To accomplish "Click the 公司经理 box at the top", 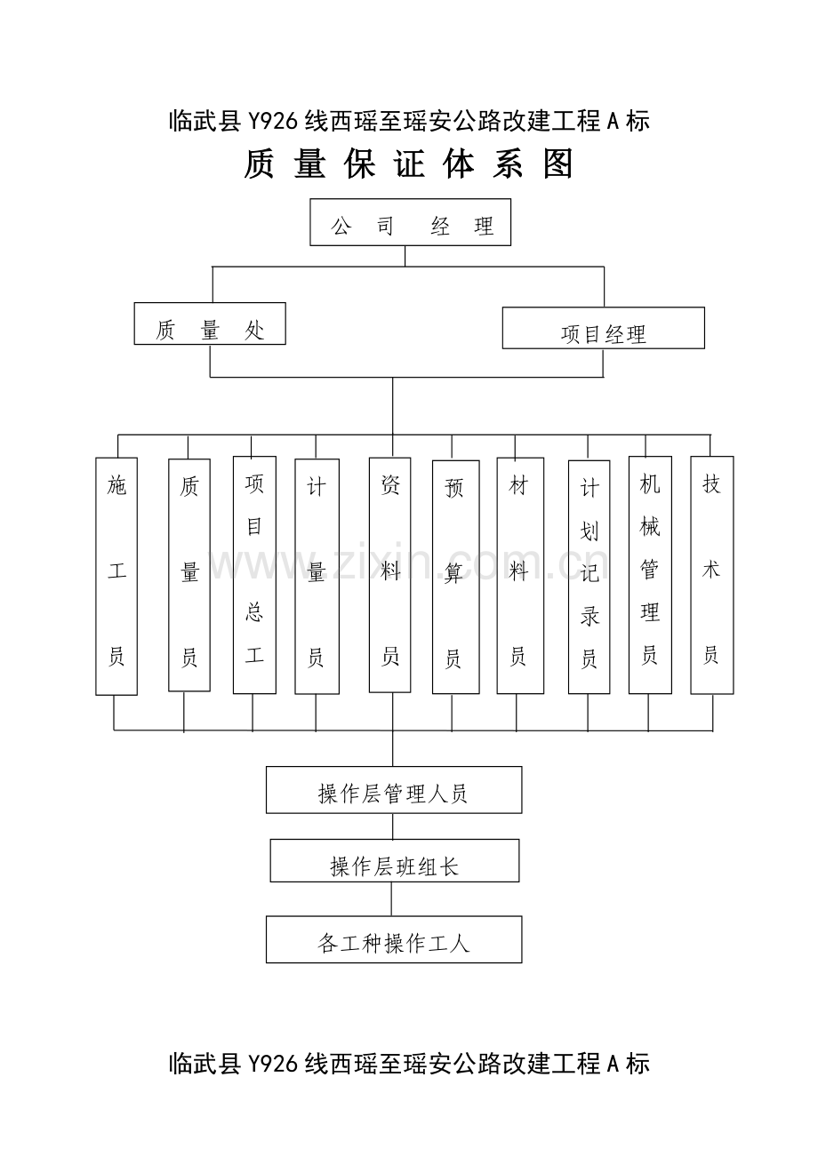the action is coord(410,222).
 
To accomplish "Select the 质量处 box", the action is coord(210,323).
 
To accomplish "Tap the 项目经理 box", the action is coord(604,328).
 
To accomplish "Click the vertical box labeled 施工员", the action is coord(116,576).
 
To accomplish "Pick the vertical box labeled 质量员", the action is coord(189,575).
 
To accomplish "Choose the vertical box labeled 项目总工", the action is coord(254,575).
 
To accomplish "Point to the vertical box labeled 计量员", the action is coord(317,577).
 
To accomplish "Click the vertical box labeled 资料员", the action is coord(389,575).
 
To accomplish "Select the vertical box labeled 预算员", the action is coord(456,577).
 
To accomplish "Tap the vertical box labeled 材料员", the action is coord(520,576).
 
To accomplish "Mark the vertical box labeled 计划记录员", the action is coord(589,577).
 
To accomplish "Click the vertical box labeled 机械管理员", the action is coord(650,575).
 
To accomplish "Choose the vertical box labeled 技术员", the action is coord(712,575).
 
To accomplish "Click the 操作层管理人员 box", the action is coord(394,790).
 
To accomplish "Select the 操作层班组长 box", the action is coord(395,860).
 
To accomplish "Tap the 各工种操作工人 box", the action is coord(394,939).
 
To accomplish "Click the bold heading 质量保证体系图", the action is coord(409,164).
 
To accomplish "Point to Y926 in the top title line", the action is coord(273,122).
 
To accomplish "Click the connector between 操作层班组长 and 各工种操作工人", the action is coord(391,899).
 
